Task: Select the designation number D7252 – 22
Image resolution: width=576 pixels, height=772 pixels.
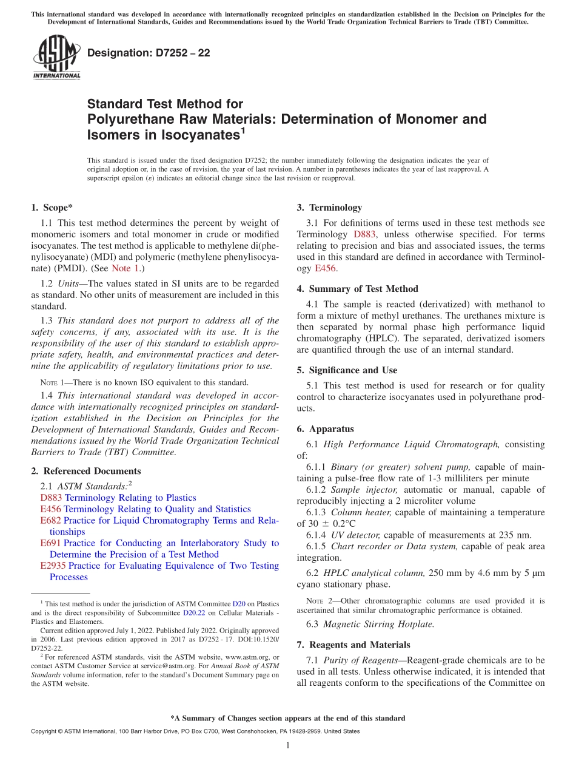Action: click(x=149, y=53)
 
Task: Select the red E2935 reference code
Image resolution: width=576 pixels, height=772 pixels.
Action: click(x=53, y=566)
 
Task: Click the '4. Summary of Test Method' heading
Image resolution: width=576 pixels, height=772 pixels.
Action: click(x=357, y=289)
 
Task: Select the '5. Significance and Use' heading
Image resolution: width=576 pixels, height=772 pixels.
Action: click(x=347, y=370)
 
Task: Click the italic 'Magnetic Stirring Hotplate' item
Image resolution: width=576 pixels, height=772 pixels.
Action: click(x=379, y=624)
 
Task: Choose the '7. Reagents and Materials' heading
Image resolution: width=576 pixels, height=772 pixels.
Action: click(x=353, y=645)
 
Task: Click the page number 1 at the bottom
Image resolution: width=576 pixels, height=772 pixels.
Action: click(x=288, y=745)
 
